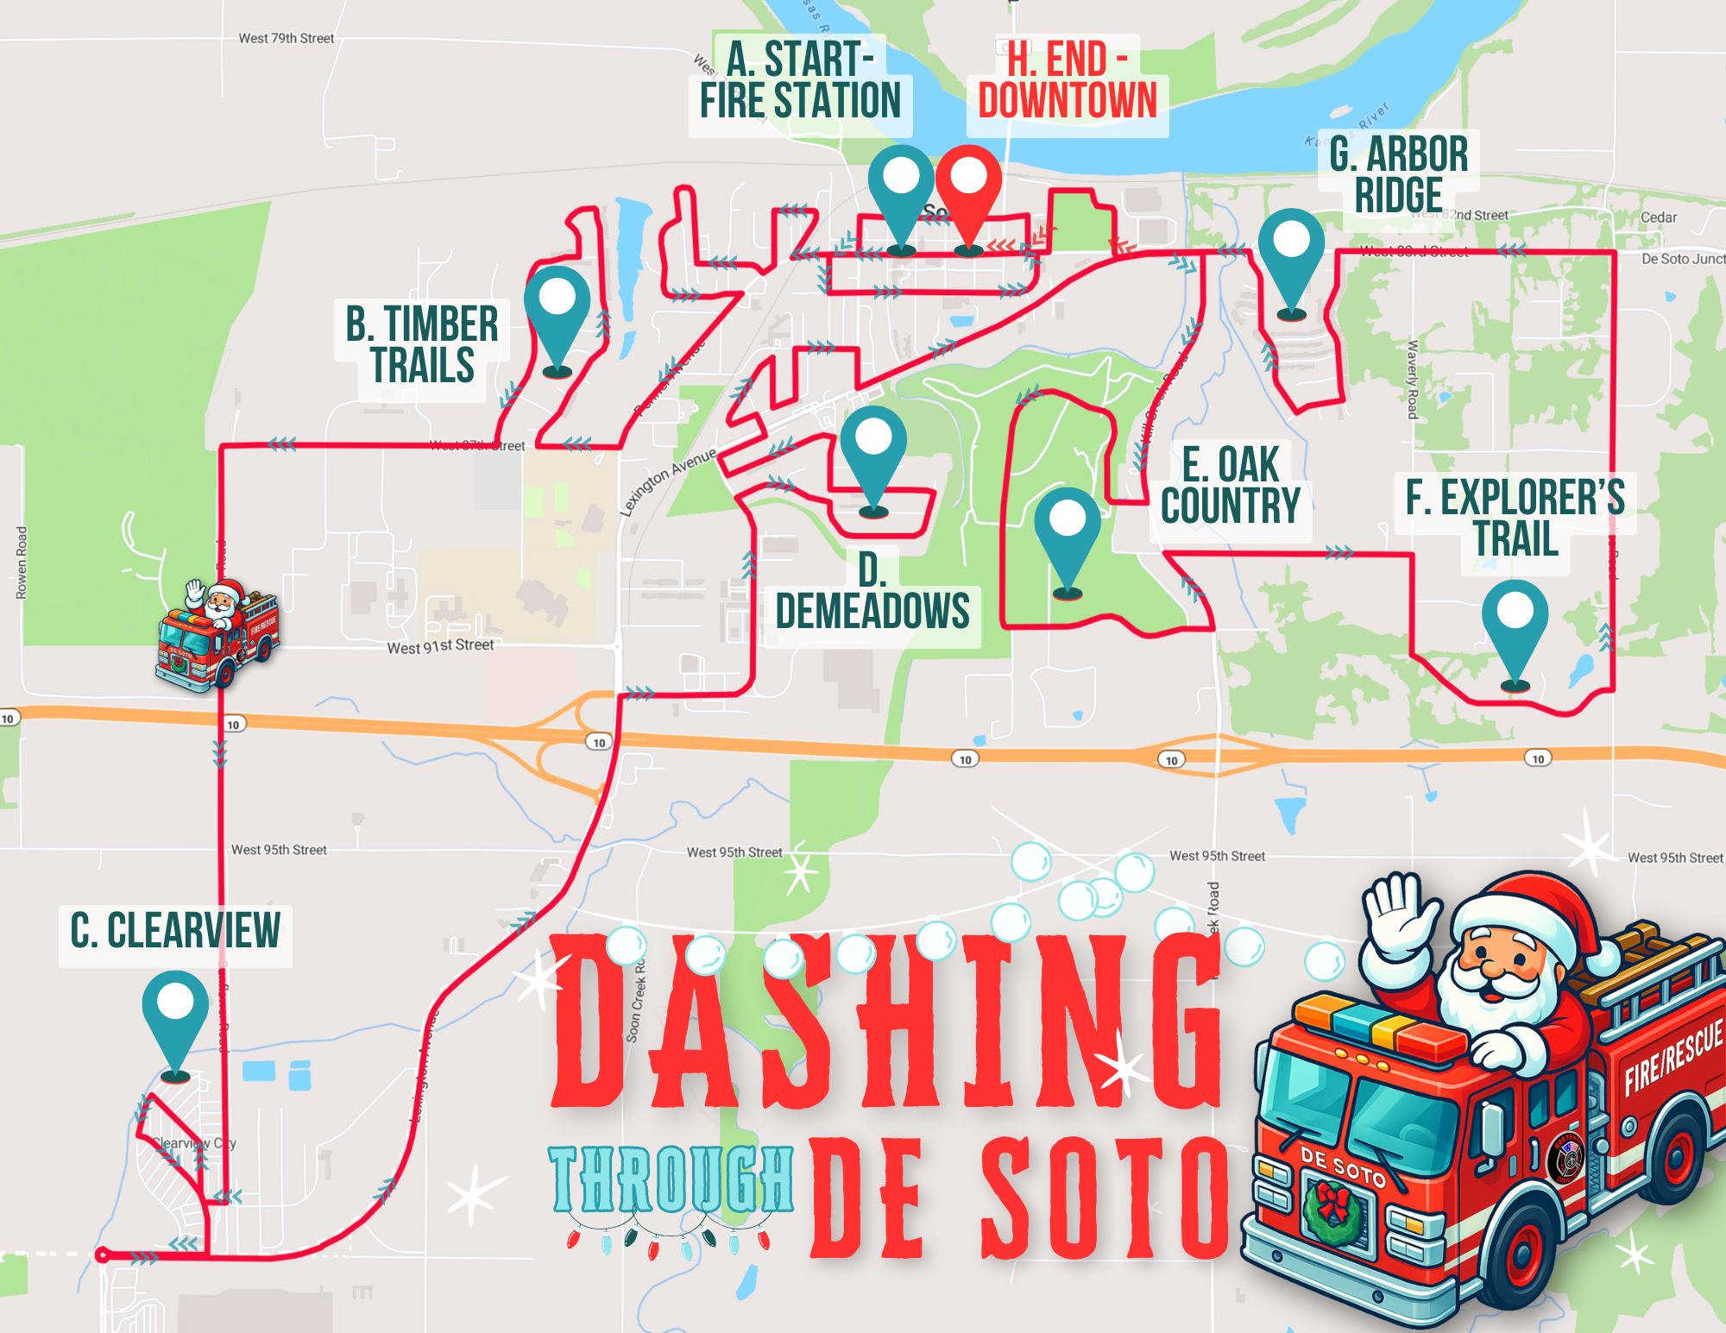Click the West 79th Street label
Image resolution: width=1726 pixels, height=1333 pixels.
pos(286,38)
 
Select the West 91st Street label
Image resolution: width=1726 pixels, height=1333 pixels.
pos(440,646)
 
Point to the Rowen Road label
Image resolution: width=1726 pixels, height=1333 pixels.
pos(22,563)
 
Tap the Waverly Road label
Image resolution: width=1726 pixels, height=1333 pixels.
pos(1413,380)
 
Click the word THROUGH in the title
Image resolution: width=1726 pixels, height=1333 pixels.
pos(671,1179)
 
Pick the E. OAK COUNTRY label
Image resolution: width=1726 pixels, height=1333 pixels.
pos(1230,486)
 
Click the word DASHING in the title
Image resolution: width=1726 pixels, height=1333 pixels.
pos(885,1022)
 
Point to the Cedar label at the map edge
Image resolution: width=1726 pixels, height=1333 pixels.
pos(1658,217)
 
